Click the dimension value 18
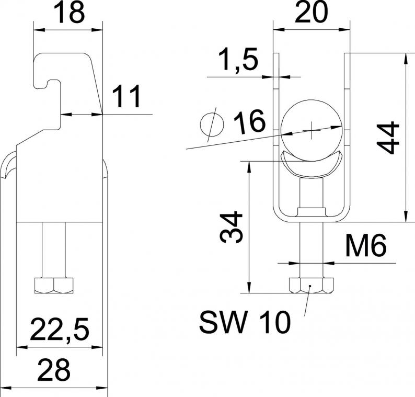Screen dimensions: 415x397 pyautogui.click(x=70, y=13)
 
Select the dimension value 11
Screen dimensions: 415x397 pyautogui.click(x=126, y=97)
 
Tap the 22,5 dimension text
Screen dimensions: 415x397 pyautogui.click(x=60, y=330)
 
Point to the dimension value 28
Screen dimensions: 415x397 pyautogui.click(x=54, y=369)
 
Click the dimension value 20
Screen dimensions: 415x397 pyautogui.click(x=311, y=12)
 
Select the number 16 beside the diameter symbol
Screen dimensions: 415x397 pyautogui.click(x=249, y=121)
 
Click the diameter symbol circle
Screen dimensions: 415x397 pyautogui.click(x=212, y=124)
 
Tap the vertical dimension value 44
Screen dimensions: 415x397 pyautogui.click(x=388, y=138)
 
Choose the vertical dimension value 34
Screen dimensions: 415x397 pyautogui.click(x=231, y=227)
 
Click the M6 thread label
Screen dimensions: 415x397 pyautogui.click(x=366, y=246)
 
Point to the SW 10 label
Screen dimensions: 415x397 pyautogui.click(x=245, y=322)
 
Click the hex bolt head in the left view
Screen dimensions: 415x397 pyautogui.click(x=54, y=286)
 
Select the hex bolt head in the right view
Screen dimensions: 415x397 pyautogui.click(x=312, y=285)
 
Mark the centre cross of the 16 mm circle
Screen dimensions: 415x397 pyautogui.click(x=312, y=130)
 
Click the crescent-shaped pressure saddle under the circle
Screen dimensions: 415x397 pyautogui.click(x=312, y=164)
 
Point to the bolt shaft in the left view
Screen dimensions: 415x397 pyautogui.click(x=53, y=249)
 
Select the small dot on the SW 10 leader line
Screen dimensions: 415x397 pyautogui.click(x=310, y=286)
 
